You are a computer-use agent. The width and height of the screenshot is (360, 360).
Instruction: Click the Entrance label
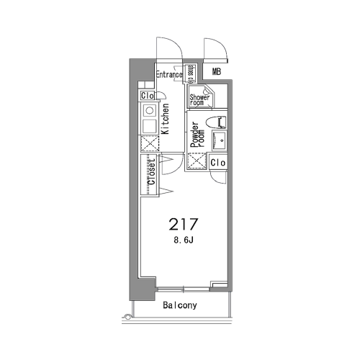click(169, 75)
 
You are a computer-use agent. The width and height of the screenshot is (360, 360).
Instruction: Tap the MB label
click(217, 71)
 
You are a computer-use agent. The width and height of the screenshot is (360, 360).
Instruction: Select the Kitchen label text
click(166, 119)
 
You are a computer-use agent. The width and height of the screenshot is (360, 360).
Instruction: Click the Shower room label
click(199, 100)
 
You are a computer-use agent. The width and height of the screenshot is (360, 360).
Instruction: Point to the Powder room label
click(197, 135)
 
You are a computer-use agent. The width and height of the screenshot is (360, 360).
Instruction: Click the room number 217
click(184, 224)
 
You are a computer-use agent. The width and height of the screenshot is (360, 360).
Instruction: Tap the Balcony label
click(180, 305)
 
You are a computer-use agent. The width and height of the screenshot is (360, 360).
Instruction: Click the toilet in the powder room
click(216, 122)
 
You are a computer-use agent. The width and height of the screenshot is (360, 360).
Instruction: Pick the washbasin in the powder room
click(219, 140)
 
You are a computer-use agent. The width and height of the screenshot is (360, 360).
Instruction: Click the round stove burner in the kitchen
click(150, 111)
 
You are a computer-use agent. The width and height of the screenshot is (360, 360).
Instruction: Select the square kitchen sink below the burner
click(149, 126)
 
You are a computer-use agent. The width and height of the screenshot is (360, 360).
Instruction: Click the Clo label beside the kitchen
click(147, 96)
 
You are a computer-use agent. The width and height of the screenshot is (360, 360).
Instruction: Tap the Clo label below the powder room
click(218, 163)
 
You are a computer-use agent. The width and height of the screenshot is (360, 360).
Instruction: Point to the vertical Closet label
click(152, 172)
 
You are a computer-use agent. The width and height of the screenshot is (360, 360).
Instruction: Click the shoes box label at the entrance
click(191, 73)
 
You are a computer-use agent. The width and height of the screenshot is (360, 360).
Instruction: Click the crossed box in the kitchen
click(150, 143)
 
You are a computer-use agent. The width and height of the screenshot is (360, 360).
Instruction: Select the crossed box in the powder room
click(197, 161)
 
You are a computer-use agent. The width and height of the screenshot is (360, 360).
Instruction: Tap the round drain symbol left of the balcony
click(127, 317)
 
